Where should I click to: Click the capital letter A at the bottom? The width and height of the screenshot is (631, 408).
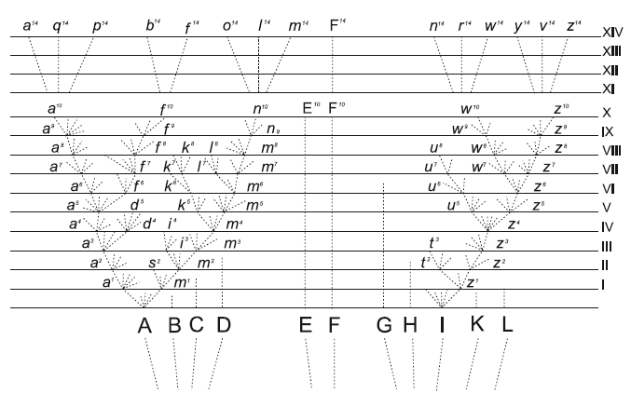[x=144, y=326]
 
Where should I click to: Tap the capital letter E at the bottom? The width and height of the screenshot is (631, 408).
[x=306, y=326]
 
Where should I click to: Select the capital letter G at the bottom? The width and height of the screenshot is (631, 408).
[x=383, y=326]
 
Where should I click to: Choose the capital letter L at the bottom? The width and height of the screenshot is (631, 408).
[x=507, y=326]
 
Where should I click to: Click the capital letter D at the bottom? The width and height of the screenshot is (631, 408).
[x=223, y=326]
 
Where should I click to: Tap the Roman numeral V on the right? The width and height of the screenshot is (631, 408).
[x=607, y=208]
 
